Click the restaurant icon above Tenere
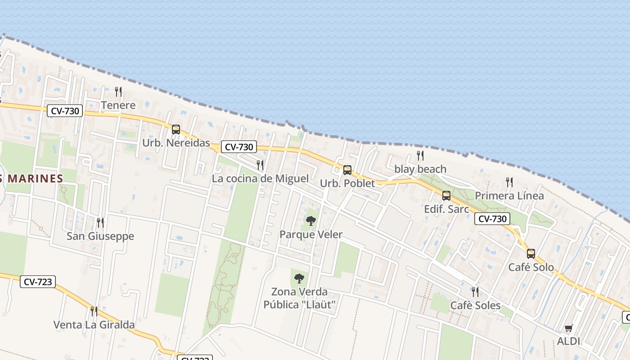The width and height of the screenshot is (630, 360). pos(118,92)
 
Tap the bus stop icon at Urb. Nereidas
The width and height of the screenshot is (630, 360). pos(176,130)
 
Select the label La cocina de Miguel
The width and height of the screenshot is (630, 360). pos(260,179)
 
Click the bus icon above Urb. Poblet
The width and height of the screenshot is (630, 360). pos(347,170)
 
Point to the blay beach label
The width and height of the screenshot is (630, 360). pos(420,169)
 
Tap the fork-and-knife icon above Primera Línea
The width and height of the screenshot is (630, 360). pos(509,182)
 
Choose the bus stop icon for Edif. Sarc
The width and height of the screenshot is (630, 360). pos(446,196)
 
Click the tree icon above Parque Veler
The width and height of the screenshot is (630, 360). pos(310,221)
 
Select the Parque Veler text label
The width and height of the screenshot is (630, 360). pos(311,234)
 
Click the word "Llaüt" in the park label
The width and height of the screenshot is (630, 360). pos(319,305)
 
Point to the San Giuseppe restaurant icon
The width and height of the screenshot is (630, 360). pos(100,222)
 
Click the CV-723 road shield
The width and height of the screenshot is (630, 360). pos(38,282)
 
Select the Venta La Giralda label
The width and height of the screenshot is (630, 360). pos(94,324)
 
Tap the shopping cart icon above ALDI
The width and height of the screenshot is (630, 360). pos(569,328)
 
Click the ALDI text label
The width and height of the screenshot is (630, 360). pos(569,341)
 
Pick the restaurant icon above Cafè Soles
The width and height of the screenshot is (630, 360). pos(475,292)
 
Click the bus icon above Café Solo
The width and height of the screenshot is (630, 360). pos(531,254)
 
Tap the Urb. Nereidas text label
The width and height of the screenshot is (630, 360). pos(176,143)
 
